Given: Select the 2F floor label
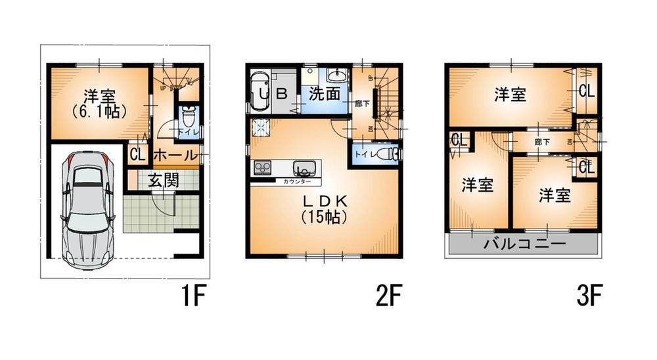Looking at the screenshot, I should tap(388, 298).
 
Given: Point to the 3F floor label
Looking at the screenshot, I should tap(589, 298).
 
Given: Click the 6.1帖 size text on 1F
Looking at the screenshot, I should tap(100, 112).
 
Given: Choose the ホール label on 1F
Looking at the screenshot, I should tap(175, 156).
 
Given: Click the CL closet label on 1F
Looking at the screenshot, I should tap(137, 156).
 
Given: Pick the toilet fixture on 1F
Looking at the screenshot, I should tap(187, 121).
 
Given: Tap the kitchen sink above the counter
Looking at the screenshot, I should tap(304, 168).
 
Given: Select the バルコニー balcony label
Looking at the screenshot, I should tap(524, 245).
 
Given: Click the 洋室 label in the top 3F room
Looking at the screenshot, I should tap(510, 95).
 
